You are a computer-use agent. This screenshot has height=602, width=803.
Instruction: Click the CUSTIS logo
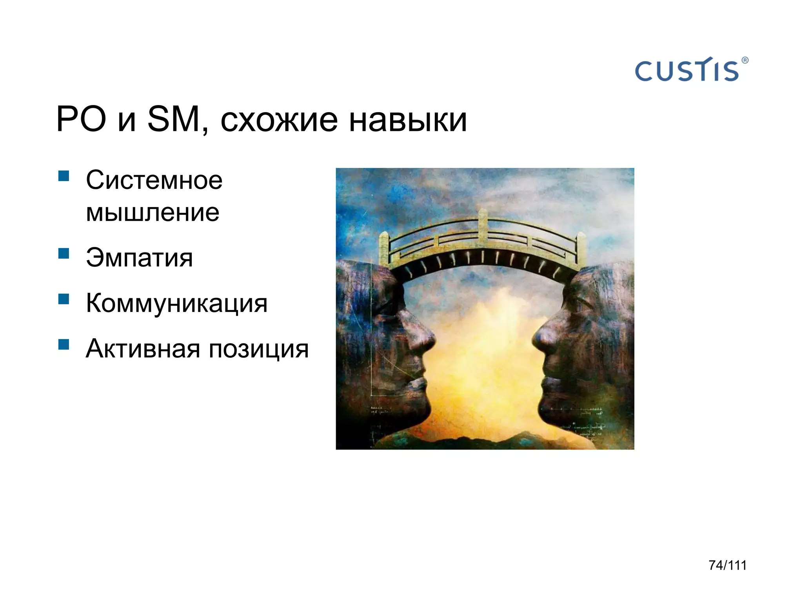687,71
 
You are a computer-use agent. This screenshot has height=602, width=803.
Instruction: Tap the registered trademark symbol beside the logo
745,60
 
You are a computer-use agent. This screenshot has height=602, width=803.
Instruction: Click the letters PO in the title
81,119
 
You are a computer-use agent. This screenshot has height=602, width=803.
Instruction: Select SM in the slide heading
174,119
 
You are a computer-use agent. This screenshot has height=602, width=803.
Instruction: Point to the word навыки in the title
408,120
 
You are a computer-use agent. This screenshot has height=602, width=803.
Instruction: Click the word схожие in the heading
279,120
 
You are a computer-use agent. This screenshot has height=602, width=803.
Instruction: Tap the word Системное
154,181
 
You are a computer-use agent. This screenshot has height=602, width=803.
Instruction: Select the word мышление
153,213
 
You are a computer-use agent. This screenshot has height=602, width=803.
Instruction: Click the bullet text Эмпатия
139,258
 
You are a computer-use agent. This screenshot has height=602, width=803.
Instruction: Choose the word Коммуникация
176,304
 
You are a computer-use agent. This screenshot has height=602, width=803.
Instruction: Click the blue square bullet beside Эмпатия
64,254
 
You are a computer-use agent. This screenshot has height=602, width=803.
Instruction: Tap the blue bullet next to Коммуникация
64,299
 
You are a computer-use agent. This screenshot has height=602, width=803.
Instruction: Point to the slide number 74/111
727,565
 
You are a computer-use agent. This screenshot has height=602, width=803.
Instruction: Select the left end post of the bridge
384,251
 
